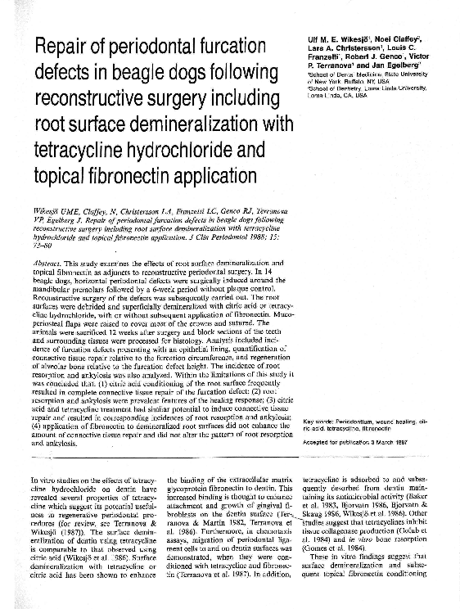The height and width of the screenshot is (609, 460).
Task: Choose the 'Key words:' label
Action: [318, 421]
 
